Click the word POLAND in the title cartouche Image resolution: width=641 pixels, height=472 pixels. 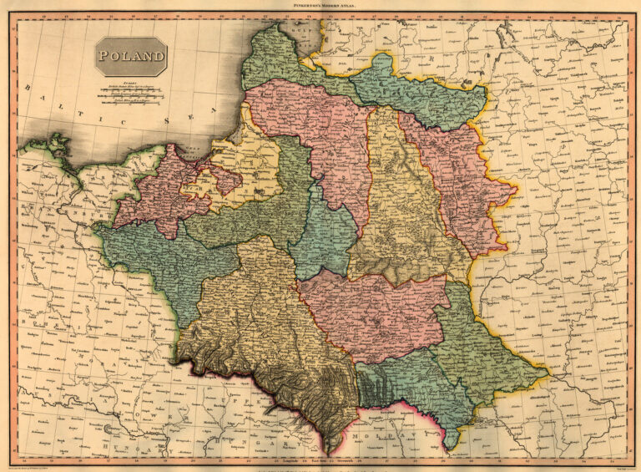(130, 57)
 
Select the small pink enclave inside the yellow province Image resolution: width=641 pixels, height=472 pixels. (219, 178)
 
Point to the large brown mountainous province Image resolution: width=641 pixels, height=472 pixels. (259, 334)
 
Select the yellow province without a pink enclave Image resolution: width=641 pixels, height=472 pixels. (401, 209)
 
